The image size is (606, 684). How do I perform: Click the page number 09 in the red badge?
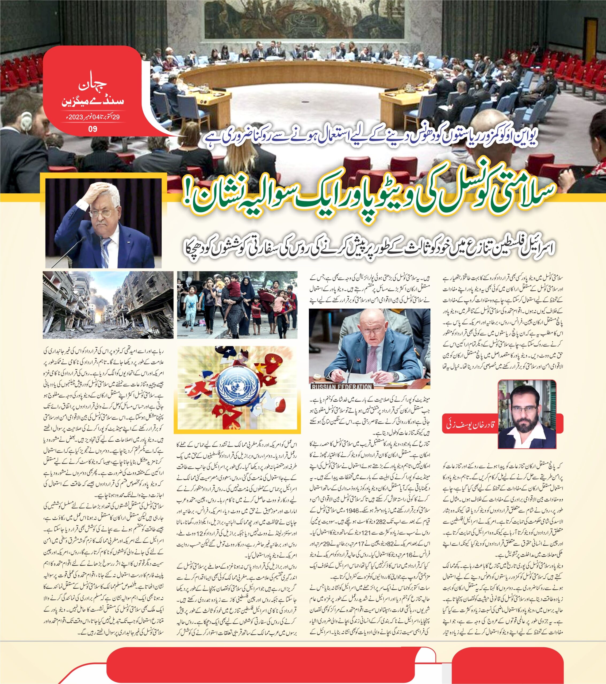click(93, 129)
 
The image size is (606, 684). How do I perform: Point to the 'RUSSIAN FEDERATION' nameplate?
click(342, 387)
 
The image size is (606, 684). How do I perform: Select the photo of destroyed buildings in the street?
click(108, 305)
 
